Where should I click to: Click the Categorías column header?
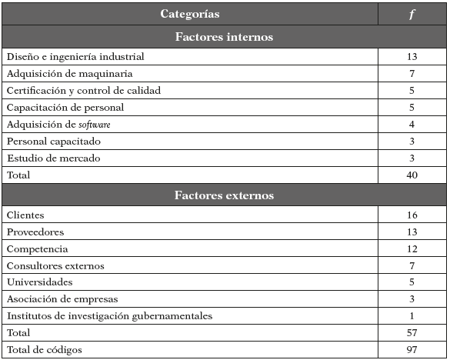point(189,14)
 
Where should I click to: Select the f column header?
point(412,14)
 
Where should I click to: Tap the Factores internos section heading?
point(224,37)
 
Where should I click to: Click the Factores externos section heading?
point(224,195)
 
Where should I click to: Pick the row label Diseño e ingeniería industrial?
point(75,57)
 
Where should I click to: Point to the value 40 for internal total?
point(412,175)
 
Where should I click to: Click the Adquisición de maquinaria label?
point(70,74)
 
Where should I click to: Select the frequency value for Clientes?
point(412,215)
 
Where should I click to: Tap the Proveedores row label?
point(35,232)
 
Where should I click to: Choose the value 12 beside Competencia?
point(412,249)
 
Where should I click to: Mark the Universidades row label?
point(39,282)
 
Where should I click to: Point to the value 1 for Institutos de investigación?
point(412,316)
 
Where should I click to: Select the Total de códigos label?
point(44,350)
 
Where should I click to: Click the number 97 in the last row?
point(412,350)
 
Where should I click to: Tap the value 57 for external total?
point(412,333)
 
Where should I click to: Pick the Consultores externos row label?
point(55,266)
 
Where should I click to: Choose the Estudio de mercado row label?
point(53,158)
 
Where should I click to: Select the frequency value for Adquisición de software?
point(412,125)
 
